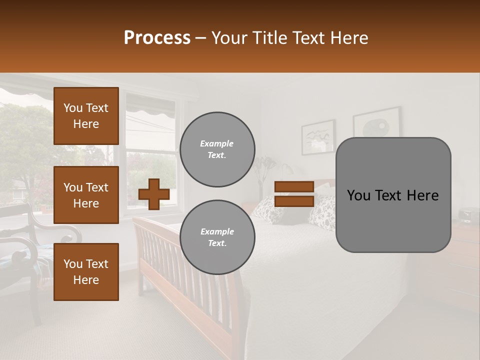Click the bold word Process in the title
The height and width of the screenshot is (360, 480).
157,38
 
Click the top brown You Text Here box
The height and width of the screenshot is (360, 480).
86,116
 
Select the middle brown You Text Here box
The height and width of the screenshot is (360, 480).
86,195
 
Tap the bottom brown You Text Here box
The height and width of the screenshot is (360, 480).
86,272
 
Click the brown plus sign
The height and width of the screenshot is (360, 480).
153,194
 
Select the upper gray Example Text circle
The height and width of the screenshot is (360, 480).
217,149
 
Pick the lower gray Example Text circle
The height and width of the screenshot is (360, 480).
217,237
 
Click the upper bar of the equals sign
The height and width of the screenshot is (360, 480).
294,187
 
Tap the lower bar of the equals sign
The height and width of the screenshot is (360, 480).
294,201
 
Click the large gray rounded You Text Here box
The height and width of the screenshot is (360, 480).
393,195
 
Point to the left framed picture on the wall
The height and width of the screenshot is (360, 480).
318,136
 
